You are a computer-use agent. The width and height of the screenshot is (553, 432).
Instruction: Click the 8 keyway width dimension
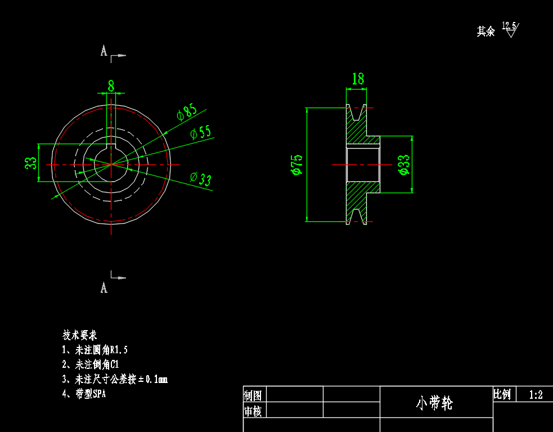(111, 86)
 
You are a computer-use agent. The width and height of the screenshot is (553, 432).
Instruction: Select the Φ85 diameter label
(187, 112)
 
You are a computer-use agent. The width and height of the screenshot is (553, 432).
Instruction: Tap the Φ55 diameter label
(200, 133)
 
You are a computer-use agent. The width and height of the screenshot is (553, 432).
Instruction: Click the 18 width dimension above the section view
(358, 79)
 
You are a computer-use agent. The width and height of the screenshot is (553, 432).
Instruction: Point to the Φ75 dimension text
(296, 164)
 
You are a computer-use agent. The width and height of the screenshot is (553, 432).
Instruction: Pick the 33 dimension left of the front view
(31, 163)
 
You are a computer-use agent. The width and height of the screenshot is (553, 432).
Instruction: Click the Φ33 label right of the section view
(403, 164)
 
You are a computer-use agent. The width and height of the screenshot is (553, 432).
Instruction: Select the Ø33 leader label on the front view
(201, 179)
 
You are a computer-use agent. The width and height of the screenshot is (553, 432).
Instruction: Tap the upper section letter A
(104, 51)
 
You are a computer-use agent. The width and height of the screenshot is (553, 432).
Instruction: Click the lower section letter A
(104, 288)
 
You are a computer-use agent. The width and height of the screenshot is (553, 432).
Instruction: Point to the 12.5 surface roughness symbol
(510, 29)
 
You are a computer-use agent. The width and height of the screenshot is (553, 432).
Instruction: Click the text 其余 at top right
(485, 32)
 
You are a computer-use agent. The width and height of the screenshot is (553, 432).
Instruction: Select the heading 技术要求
(79, 335)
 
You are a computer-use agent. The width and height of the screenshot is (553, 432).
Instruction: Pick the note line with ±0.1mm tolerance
(115, 379)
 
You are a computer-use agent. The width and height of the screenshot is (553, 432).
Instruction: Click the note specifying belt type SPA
(84, 394)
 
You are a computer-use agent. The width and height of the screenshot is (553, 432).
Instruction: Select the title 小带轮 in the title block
(434, 403)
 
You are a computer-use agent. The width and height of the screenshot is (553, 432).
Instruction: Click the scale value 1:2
(536, 395)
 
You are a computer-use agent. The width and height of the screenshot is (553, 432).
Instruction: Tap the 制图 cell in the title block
(253, 394)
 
